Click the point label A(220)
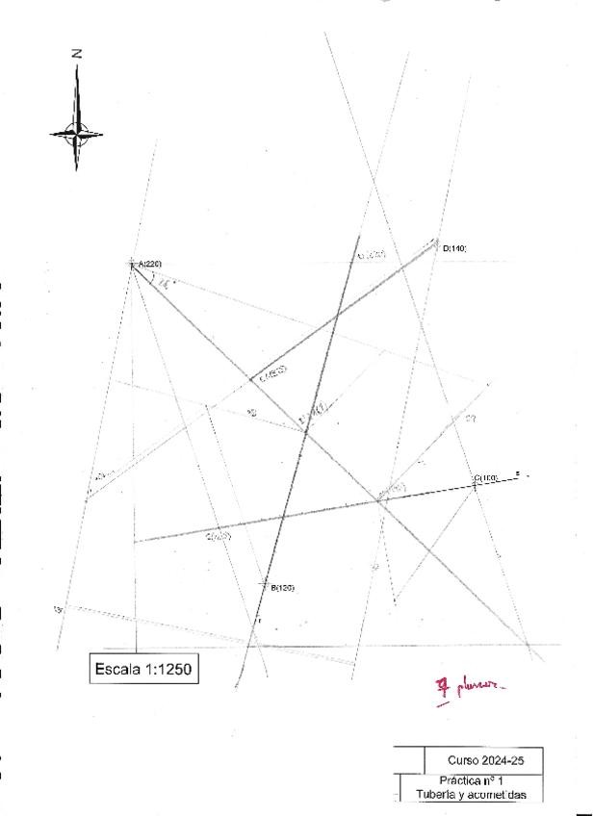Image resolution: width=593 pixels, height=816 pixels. pos(150,264)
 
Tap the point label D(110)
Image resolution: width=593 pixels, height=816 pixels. pos(454,248)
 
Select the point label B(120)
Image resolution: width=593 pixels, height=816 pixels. pos(281,587)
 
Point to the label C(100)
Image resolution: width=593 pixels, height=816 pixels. pos(485,477)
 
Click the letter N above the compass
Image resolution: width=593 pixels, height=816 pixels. pos(76,55)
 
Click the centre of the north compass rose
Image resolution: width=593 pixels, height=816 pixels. pos(76,134)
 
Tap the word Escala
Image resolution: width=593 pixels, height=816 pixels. pos(116,669)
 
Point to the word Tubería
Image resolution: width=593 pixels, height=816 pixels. pos(433,795)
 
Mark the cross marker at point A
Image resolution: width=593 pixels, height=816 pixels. pos(133,262)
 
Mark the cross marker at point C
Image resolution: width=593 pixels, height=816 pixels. pos(475,485)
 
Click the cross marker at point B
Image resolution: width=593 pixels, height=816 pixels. pos(267,584)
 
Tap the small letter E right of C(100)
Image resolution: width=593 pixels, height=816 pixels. pos(517,473)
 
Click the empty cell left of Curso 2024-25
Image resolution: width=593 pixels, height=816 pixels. pos(409,759)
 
